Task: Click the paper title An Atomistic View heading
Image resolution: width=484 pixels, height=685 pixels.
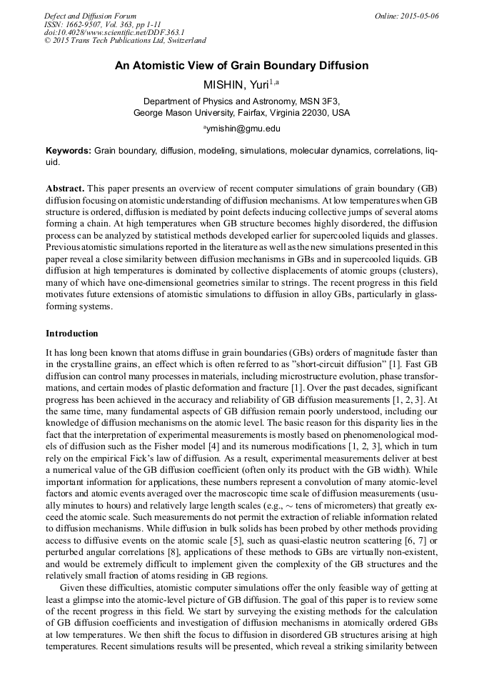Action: point(241,66)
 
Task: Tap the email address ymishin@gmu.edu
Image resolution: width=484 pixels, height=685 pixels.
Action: point(243,129)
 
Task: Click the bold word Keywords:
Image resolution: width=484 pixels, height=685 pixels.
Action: point(69,151)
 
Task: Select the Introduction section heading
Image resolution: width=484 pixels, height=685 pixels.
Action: point(72,334)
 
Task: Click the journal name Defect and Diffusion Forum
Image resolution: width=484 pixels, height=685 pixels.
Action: point(90,16)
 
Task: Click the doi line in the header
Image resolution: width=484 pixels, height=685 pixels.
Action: point(114,33)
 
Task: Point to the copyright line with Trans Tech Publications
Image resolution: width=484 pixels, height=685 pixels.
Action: point(125,41)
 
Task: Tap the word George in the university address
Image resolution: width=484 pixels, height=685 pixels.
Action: point(149,113)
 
